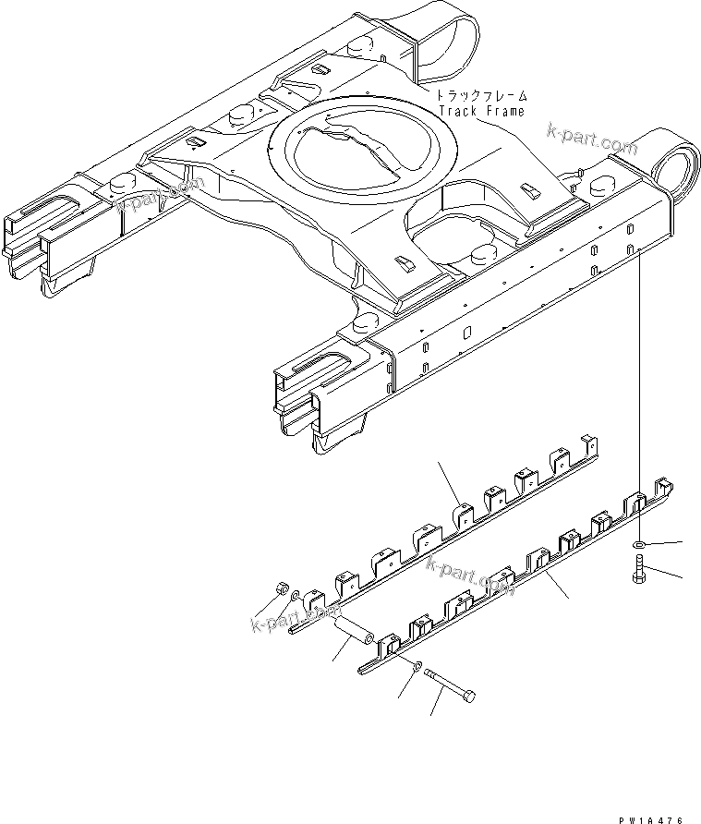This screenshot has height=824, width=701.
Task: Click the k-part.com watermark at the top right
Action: click(591, 138)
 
